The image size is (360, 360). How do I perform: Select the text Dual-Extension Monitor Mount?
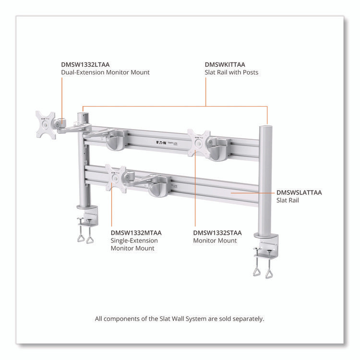(105, 72)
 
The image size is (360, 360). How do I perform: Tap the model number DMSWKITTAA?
(225, 64)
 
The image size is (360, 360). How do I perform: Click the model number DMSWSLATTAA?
(299, 192)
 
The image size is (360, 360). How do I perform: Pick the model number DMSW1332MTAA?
(136, 233)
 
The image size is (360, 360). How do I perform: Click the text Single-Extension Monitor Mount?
(133, 244)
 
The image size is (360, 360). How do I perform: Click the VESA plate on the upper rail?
(199, 142)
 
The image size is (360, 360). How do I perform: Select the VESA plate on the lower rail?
(116, 179)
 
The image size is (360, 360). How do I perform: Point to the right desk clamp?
(265, 254)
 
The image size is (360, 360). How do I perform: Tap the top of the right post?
(265, 128)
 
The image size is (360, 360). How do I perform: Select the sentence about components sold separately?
(180, 318)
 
